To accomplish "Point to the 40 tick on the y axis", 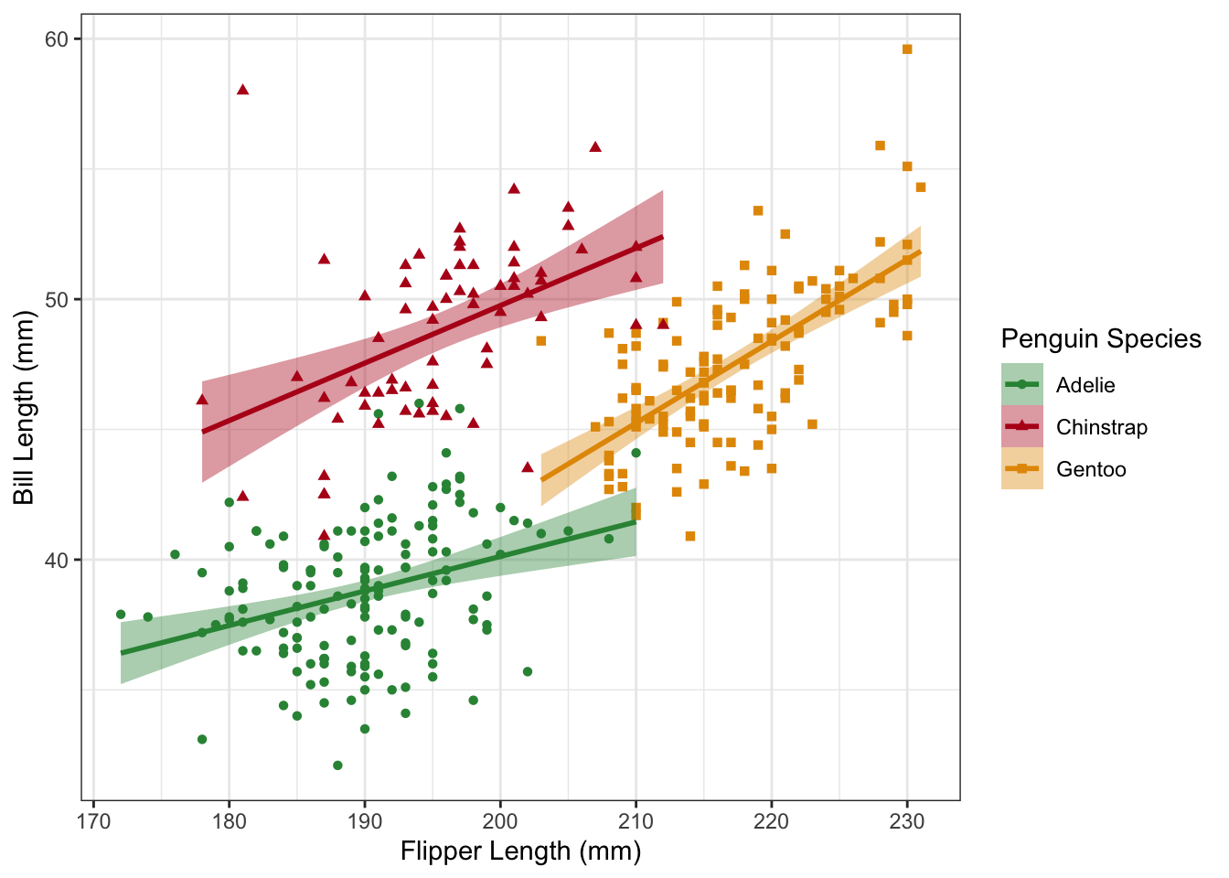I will pos(78,560).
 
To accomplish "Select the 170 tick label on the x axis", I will pos(93,820).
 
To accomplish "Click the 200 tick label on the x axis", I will pos(500,820).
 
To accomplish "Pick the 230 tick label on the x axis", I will pos(907,820).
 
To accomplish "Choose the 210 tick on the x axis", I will pos(636,804).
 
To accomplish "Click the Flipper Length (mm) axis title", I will pos(520,851).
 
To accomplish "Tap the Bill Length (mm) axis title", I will pos(24,408).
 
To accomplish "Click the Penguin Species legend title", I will pos(1101,339).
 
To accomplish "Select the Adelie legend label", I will pos(1085,385).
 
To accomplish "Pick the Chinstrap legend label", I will pos(1101,427).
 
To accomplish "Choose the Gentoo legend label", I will pos(1091,469).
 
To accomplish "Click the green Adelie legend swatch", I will pos(1022,385).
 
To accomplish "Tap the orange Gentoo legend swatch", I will pos(1022,469).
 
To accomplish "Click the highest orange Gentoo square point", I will pos(907,49).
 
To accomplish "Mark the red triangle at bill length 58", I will pos(242,90).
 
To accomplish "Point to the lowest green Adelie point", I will pos(337,766).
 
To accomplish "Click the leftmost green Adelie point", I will pos(121,615).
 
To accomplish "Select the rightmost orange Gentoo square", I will pos(921,187).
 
